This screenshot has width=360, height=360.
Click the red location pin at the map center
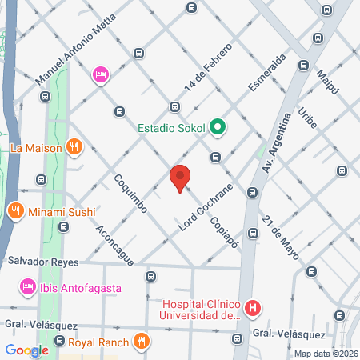(x=180, y=178)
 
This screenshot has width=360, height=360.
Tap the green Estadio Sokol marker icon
(x=216, y=127)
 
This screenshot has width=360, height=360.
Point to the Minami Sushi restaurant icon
(x=15, y=212)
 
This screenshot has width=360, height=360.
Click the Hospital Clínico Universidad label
(x=201, y=310)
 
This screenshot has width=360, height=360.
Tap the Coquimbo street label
(x=130, y=194)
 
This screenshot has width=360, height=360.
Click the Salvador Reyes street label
(x=41, y=261)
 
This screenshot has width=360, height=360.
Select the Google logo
(x=26, y=350)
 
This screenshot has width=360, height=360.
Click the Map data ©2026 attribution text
(x=326, y=354)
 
